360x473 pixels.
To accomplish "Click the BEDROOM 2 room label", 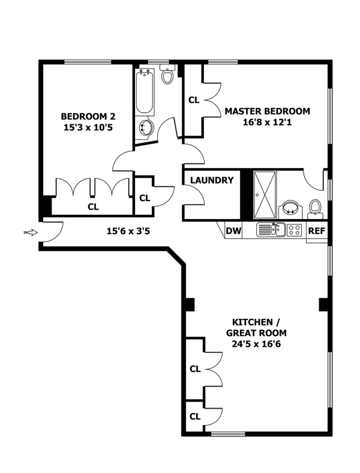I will pos(88,116).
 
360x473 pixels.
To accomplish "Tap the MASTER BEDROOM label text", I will pos(267,111).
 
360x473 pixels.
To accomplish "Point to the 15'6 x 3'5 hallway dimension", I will pos(128,230).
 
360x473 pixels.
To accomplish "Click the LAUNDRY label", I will pos(212,180).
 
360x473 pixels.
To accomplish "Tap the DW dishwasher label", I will pos(233,230).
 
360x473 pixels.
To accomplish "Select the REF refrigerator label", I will pos(316,230).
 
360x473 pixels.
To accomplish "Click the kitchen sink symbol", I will pos(273,229).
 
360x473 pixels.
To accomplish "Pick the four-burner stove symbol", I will pos(294,229).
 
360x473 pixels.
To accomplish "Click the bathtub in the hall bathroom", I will pos(144,93).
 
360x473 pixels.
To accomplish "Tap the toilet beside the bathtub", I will pos(168,76).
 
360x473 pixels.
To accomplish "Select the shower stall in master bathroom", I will pos(265,196).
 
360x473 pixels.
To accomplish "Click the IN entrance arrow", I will pos(31,232).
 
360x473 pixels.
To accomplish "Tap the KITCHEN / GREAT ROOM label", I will pos(256,327).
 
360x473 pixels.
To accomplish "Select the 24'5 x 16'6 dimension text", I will pos(256,345).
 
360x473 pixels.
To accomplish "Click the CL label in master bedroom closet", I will pos(194,100).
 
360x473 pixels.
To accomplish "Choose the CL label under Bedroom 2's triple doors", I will pos(93,206).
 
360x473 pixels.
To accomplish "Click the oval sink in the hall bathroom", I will pos(145,127).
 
